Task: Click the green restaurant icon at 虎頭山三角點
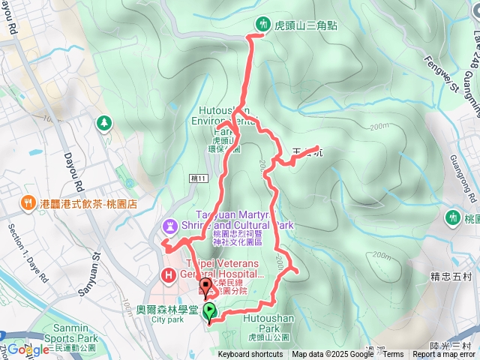click(262, 24)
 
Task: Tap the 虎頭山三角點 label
click(305, 25)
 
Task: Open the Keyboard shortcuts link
click(250, 355)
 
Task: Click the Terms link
click(392, 355)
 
